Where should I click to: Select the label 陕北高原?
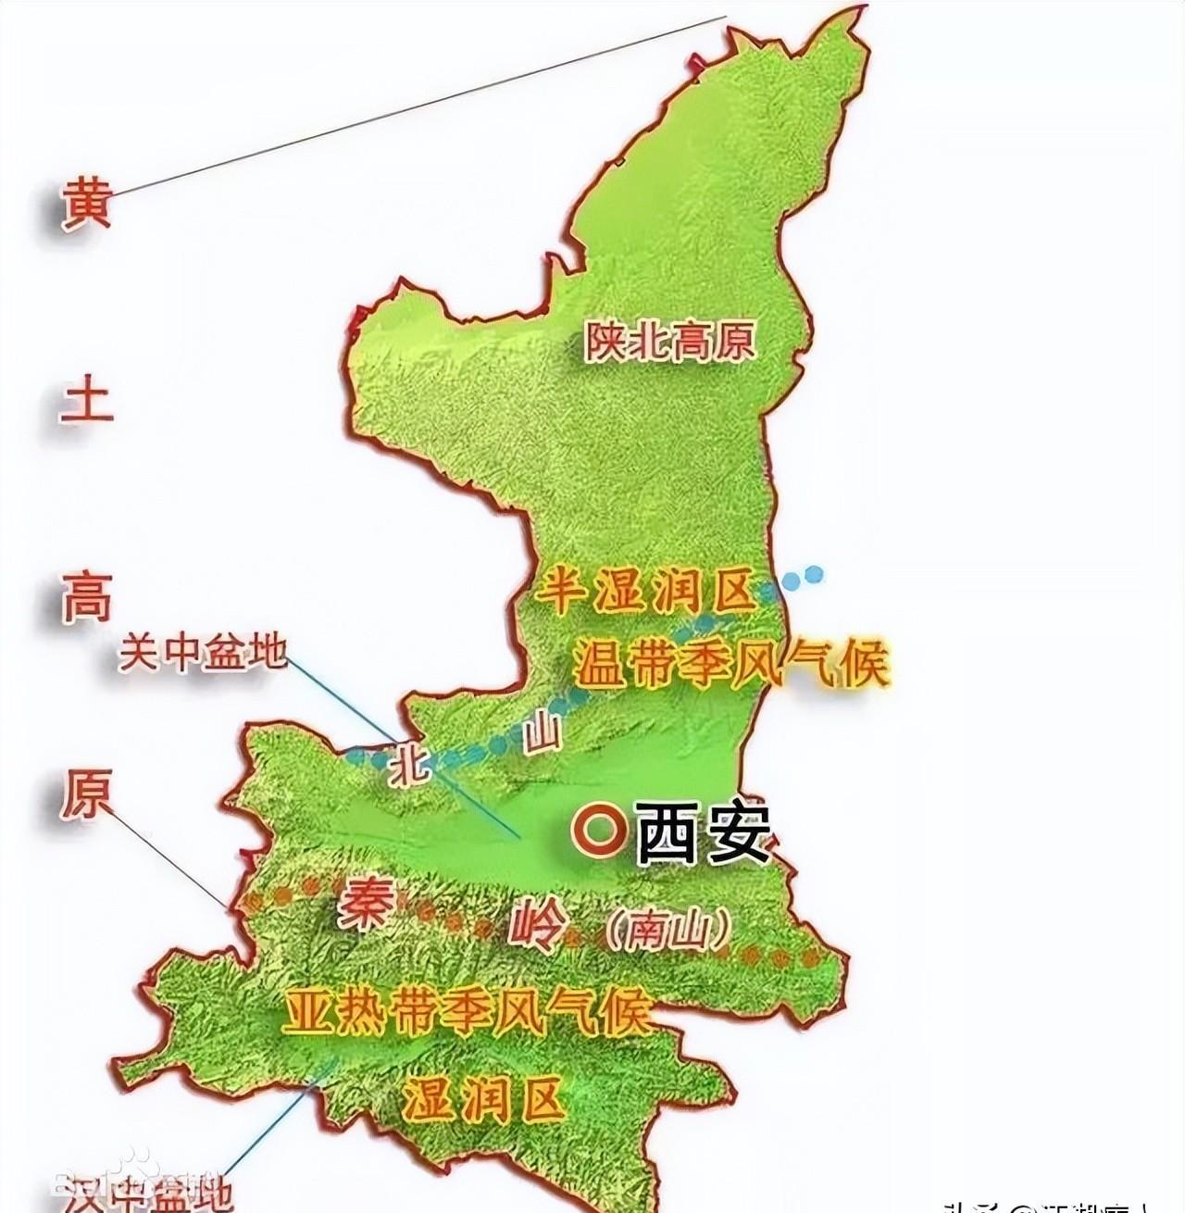[668, 341]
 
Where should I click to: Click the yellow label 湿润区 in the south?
[483, 1101]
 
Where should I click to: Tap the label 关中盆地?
[202, 654]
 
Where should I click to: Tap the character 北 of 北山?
[407, 762]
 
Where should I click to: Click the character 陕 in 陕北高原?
[604, 341]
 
